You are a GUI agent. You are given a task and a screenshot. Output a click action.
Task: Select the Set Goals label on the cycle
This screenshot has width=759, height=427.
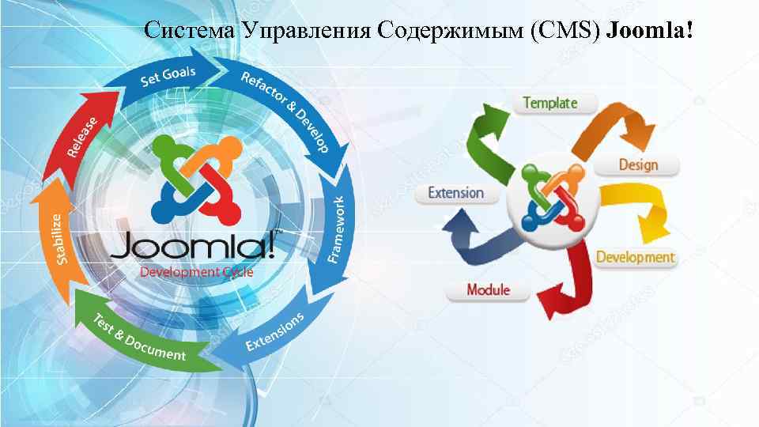(x=168, y=76)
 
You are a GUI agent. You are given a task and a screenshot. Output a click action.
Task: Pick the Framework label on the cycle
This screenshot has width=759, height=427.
(x=336, y=229)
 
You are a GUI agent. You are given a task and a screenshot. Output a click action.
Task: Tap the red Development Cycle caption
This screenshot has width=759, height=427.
(x=197, y=272)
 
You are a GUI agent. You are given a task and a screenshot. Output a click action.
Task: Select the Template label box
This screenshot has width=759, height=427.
(x=550, y=104)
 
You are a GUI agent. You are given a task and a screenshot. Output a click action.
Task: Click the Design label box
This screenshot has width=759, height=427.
(x=638, y=165)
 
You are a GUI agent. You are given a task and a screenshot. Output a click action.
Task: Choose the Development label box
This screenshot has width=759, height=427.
(x=636, y=258)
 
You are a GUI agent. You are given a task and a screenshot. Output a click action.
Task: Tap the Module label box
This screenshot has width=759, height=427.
(x=488, y=290)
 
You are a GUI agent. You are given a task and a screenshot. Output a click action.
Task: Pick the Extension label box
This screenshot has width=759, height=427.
(x=455, y=193)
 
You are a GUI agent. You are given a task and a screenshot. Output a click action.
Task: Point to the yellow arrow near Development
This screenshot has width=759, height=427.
(x=640, y=210)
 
